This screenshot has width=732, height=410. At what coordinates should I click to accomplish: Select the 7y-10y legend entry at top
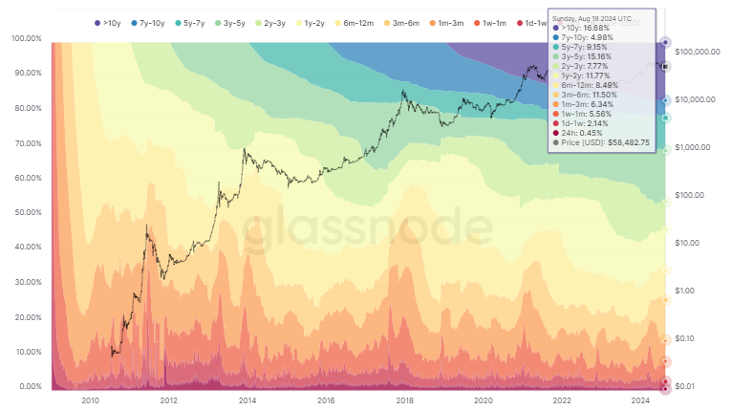[x=157, y=21]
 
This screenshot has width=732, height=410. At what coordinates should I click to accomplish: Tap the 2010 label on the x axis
[x=92, y=401]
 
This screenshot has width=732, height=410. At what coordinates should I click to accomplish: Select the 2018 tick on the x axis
[x=404, y=401]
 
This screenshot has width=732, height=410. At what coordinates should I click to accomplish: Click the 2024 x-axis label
[x=639, y=401]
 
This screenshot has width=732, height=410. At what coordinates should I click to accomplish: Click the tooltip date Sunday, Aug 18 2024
[x=592, y=18]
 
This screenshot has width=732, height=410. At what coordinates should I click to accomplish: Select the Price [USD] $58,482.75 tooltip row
[x=602, y=142]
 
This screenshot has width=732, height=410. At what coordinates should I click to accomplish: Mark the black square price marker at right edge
[x=665, y=67]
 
